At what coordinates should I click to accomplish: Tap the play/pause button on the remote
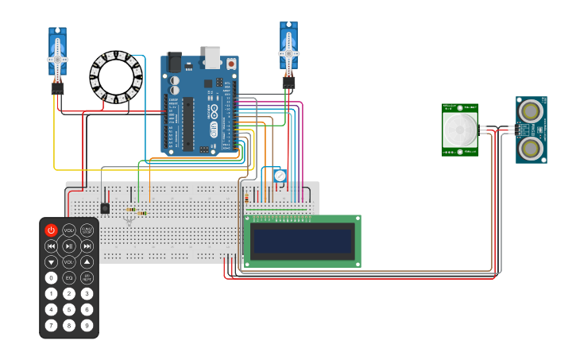tap(69, 246)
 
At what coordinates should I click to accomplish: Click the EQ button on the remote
tap(69, 278)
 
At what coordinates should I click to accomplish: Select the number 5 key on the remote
tap(69, 310)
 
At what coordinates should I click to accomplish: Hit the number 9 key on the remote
tap(87, 326)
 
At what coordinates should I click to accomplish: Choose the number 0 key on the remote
tap(51, 278)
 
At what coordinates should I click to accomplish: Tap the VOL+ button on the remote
tap(69, 230)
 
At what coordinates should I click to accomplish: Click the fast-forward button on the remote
tap(87, 246)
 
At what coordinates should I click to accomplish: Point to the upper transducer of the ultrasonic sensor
tap(531, 109)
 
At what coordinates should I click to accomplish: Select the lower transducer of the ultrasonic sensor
tap(531, 147)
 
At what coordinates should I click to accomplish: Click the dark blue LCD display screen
tap(301, 241)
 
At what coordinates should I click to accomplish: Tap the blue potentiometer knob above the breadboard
tap(278, 176)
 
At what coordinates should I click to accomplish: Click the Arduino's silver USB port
tap(212, 56)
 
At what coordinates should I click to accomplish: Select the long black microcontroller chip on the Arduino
tap(188, 123)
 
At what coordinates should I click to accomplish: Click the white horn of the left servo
tap(57, 59)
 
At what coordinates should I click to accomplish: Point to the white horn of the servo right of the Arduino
tap(288, 53)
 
